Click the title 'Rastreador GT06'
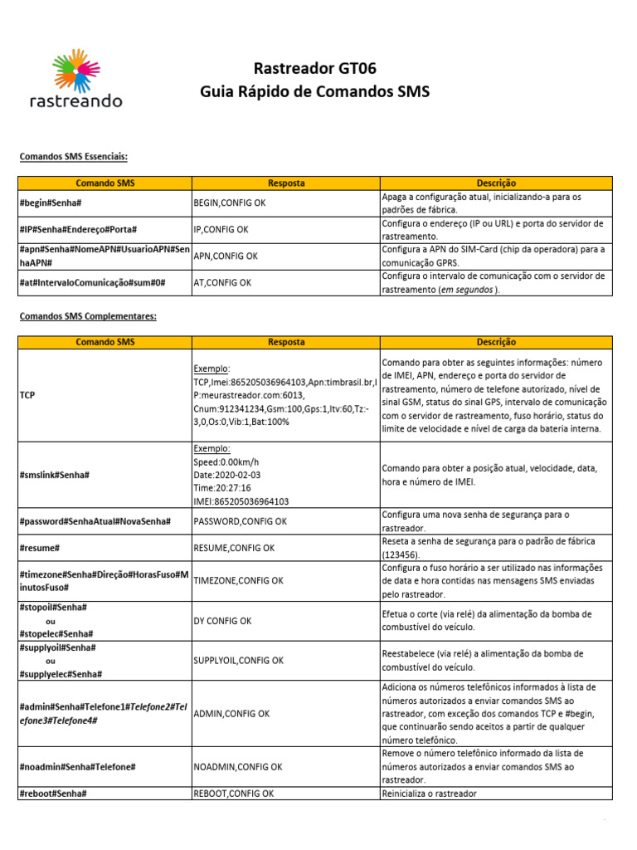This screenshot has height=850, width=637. (x=314, y=68)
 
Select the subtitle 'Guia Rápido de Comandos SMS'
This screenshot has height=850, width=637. (x=314, y=91)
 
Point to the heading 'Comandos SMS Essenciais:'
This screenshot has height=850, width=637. (x=74, y=156)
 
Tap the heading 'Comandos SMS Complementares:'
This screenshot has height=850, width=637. (x=88, y=316)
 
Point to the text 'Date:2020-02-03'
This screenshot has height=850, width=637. (x=227, y=475)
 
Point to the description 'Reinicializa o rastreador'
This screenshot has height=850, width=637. (x=429, y=794)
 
